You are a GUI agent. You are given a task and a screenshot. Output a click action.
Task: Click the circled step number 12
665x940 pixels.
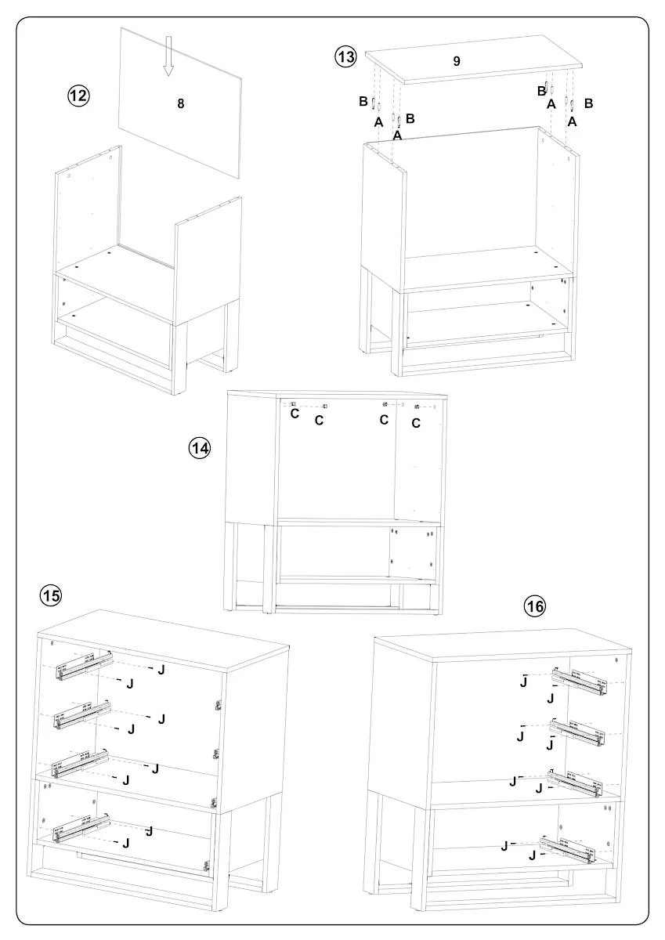click(x=78, y=96)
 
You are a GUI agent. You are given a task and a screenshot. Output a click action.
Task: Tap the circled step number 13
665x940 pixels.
click(x=345, y=56)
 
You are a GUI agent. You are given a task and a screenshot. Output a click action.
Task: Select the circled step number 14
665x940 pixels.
click(x=199, y=448)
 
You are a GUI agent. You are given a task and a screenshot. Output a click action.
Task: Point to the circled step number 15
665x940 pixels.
click(x=50, y=595)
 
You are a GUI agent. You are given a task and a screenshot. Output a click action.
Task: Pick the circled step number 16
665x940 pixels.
click(x=535, y=606)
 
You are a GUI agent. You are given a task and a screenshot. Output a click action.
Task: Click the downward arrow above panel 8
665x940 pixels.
click(x=168, y=56)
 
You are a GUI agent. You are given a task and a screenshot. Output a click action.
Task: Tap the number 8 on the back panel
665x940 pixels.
click(x=181, y=103)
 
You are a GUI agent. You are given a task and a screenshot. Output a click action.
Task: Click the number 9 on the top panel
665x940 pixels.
click(x=457, y=61)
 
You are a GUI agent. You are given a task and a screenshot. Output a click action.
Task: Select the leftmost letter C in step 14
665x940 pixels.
click(x=295, y=414)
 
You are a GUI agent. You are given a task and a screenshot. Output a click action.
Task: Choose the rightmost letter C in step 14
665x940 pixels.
click(x=416, y=423)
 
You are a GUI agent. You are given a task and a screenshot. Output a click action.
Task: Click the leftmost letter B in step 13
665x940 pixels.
click(x=363, y=101)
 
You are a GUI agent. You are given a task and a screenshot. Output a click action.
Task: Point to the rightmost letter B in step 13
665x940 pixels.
click(x=589, y=103)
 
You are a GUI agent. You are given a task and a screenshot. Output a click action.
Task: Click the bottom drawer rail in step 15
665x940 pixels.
click(x=81, y=828)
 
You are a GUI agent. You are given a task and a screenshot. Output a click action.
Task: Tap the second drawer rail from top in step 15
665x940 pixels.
click(x=83, y=715)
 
